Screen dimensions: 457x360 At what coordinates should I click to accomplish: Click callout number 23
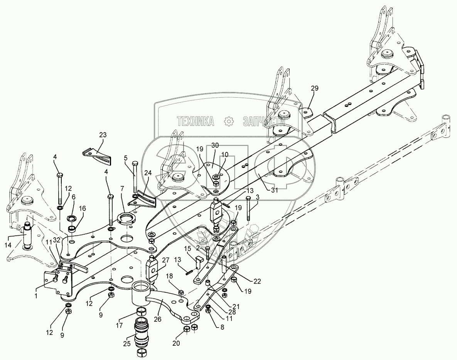pyautogui.click(x=102, y=135)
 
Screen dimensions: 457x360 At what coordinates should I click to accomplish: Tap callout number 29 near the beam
pyautogui.click(x=315, y=89)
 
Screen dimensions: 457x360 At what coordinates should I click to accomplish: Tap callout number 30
pyautogui.click(x=215, y=145)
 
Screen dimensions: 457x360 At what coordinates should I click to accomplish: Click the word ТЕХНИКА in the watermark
pyautogui.click(x=196, y=122)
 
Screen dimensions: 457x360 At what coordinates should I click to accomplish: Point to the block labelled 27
pyautogui.click(x=153, y=269)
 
